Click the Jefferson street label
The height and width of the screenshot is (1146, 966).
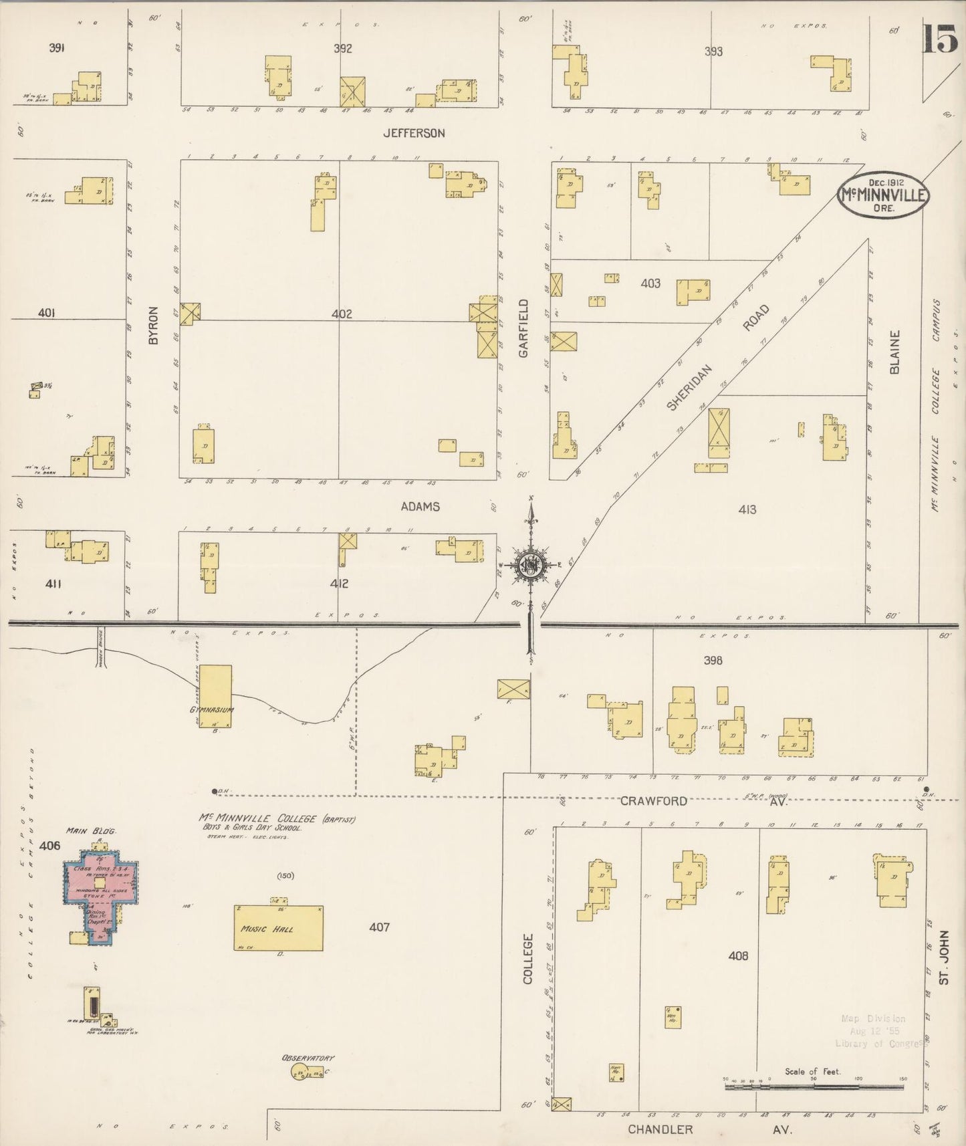coord(414,133)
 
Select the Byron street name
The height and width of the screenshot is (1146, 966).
coord(154,326)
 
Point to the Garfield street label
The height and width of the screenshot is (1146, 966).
coord(523,328)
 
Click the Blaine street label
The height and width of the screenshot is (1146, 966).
coord(894,352)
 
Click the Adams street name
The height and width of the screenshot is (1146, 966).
coord(420,506)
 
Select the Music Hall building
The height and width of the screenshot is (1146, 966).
coord(278,927)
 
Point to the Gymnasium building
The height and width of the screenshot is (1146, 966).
coord(215,695)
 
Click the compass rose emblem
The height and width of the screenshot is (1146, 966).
coord(531,566)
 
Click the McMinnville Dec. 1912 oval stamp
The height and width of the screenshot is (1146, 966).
coord(883,195)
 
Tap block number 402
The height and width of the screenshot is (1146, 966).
coord(342,314)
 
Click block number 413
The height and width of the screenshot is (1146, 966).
coord(747,509)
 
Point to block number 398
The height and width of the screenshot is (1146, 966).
coord(713,660)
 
